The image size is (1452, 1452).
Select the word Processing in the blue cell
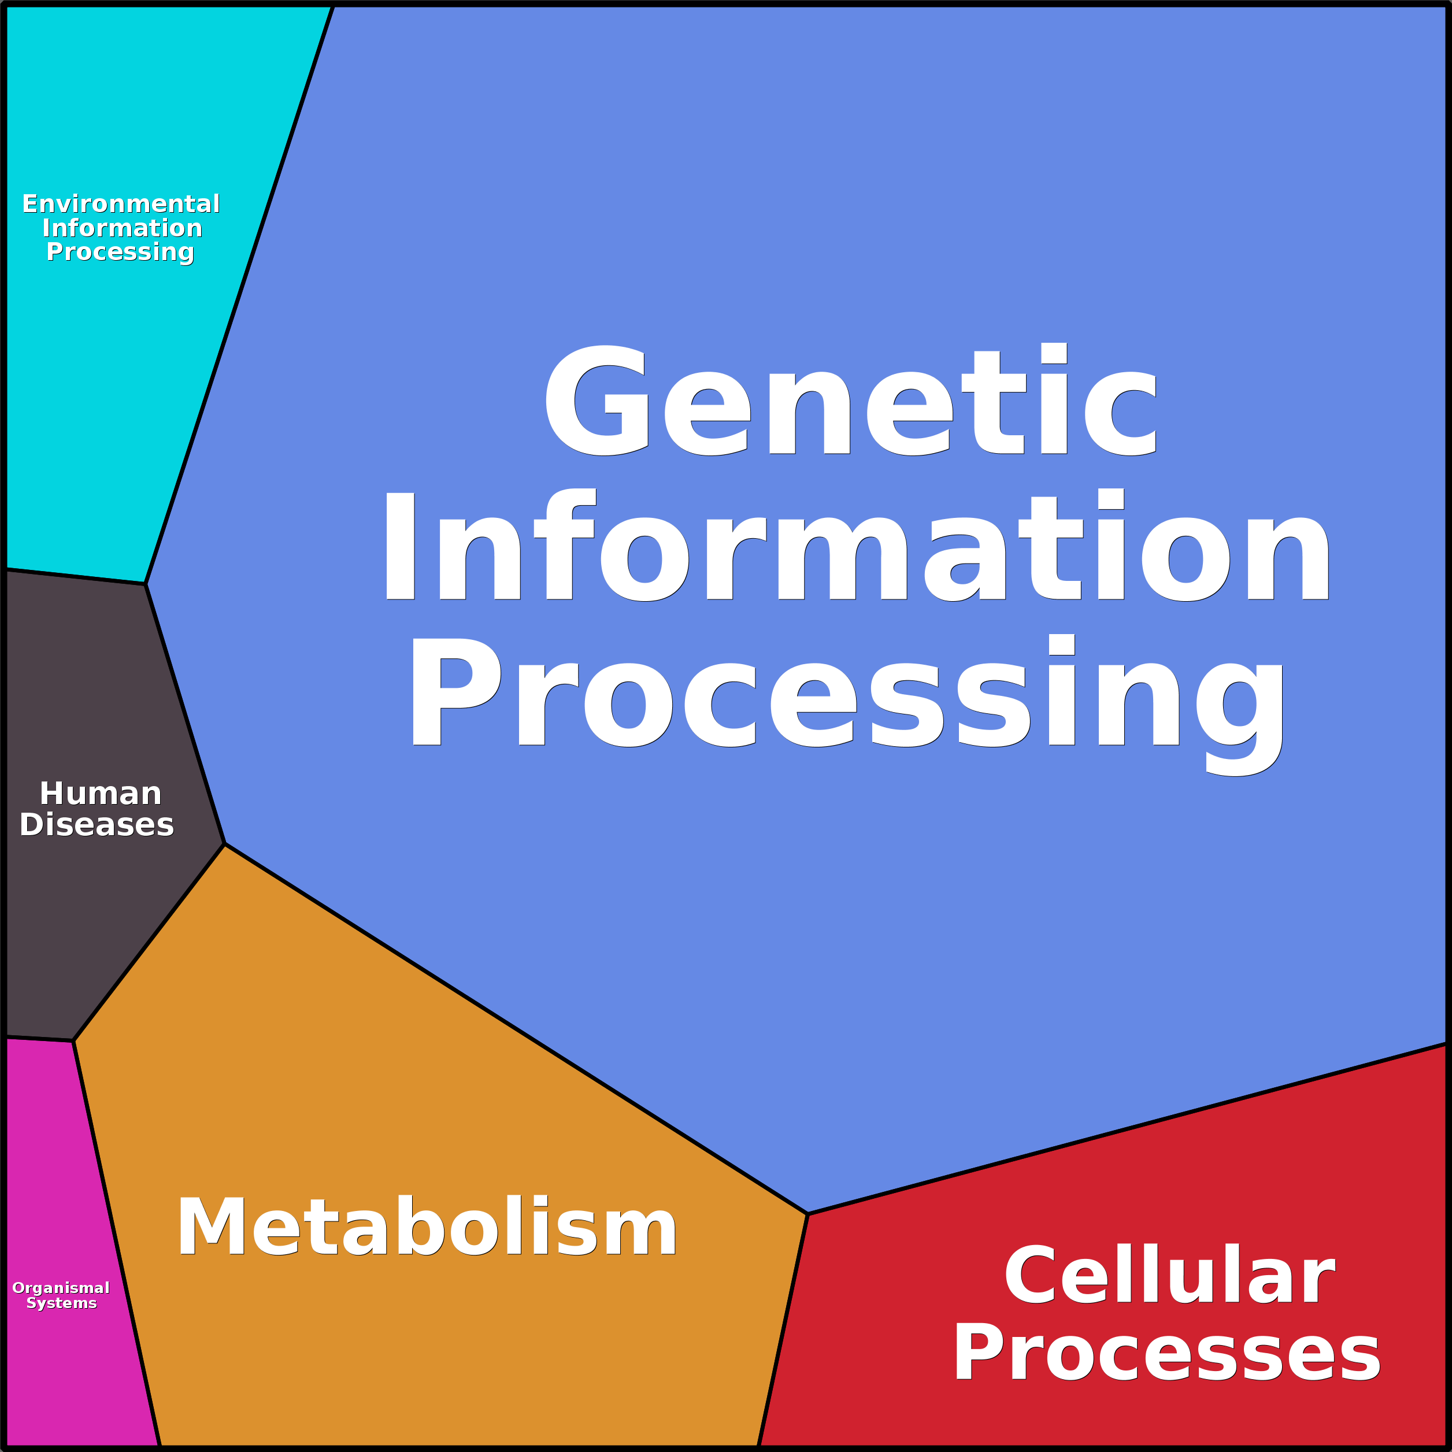pos(846,696)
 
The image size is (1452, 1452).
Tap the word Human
pos(100,794)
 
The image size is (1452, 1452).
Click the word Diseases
pos(97,825)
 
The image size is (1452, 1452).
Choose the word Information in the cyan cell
pos(122,228)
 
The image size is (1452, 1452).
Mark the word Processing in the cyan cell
pos(120,252)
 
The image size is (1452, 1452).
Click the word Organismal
pos(61,1288)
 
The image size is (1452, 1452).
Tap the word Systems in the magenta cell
pos(62,1303)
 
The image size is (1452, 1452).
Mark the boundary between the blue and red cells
pos(1127,1129)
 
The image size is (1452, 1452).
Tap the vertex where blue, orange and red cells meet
pos(808,1214)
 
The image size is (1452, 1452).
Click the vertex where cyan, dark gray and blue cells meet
pos(146,584)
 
